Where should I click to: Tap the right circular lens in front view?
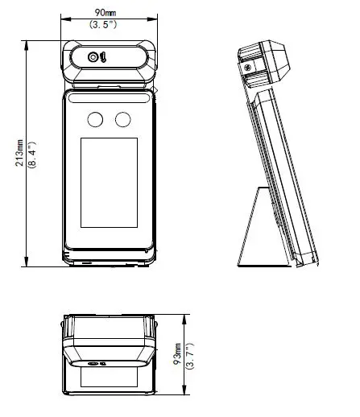pyautogui.click(x=122, y=120)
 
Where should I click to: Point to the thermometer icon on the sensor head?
pyautogui.click(x=103, y=57)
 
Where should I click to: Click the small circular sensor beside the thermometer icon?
pyautogui.click(x=93, y=57)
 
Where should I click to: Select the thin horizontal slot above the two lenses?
pyautogui.click(x=109, y=99)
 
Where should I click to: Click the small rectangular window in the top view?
pyautogui.click(x=109, y=377)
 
